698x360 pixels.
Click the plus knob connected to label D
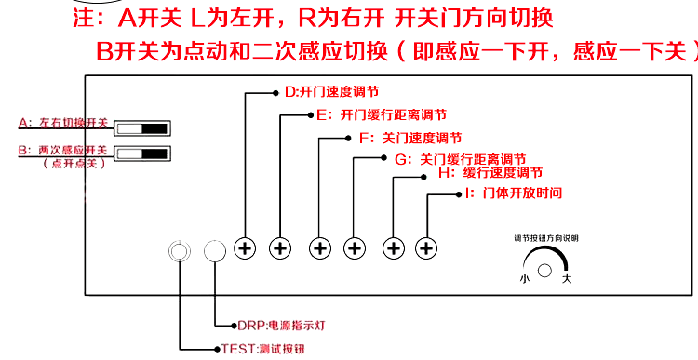pos(246,248)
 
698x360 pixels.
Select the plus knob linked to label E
pos(281,248)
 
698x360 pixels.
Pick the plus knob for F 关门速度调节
pos(319,248)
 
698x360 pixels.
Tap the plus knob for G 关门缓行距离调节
pos(355,248)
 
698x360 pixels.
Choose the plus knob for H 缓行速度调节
pos(394,248)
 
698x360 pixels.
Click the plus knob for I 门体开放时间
pos(426,248)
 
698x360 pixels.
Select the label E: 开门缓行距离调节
pos(381,115)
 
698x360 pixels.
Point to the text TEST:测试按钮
pos(263,349)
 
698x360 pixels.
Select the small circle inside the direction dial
pos(545,270)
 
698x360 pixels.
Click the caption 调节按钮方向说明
pos(546,238)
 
